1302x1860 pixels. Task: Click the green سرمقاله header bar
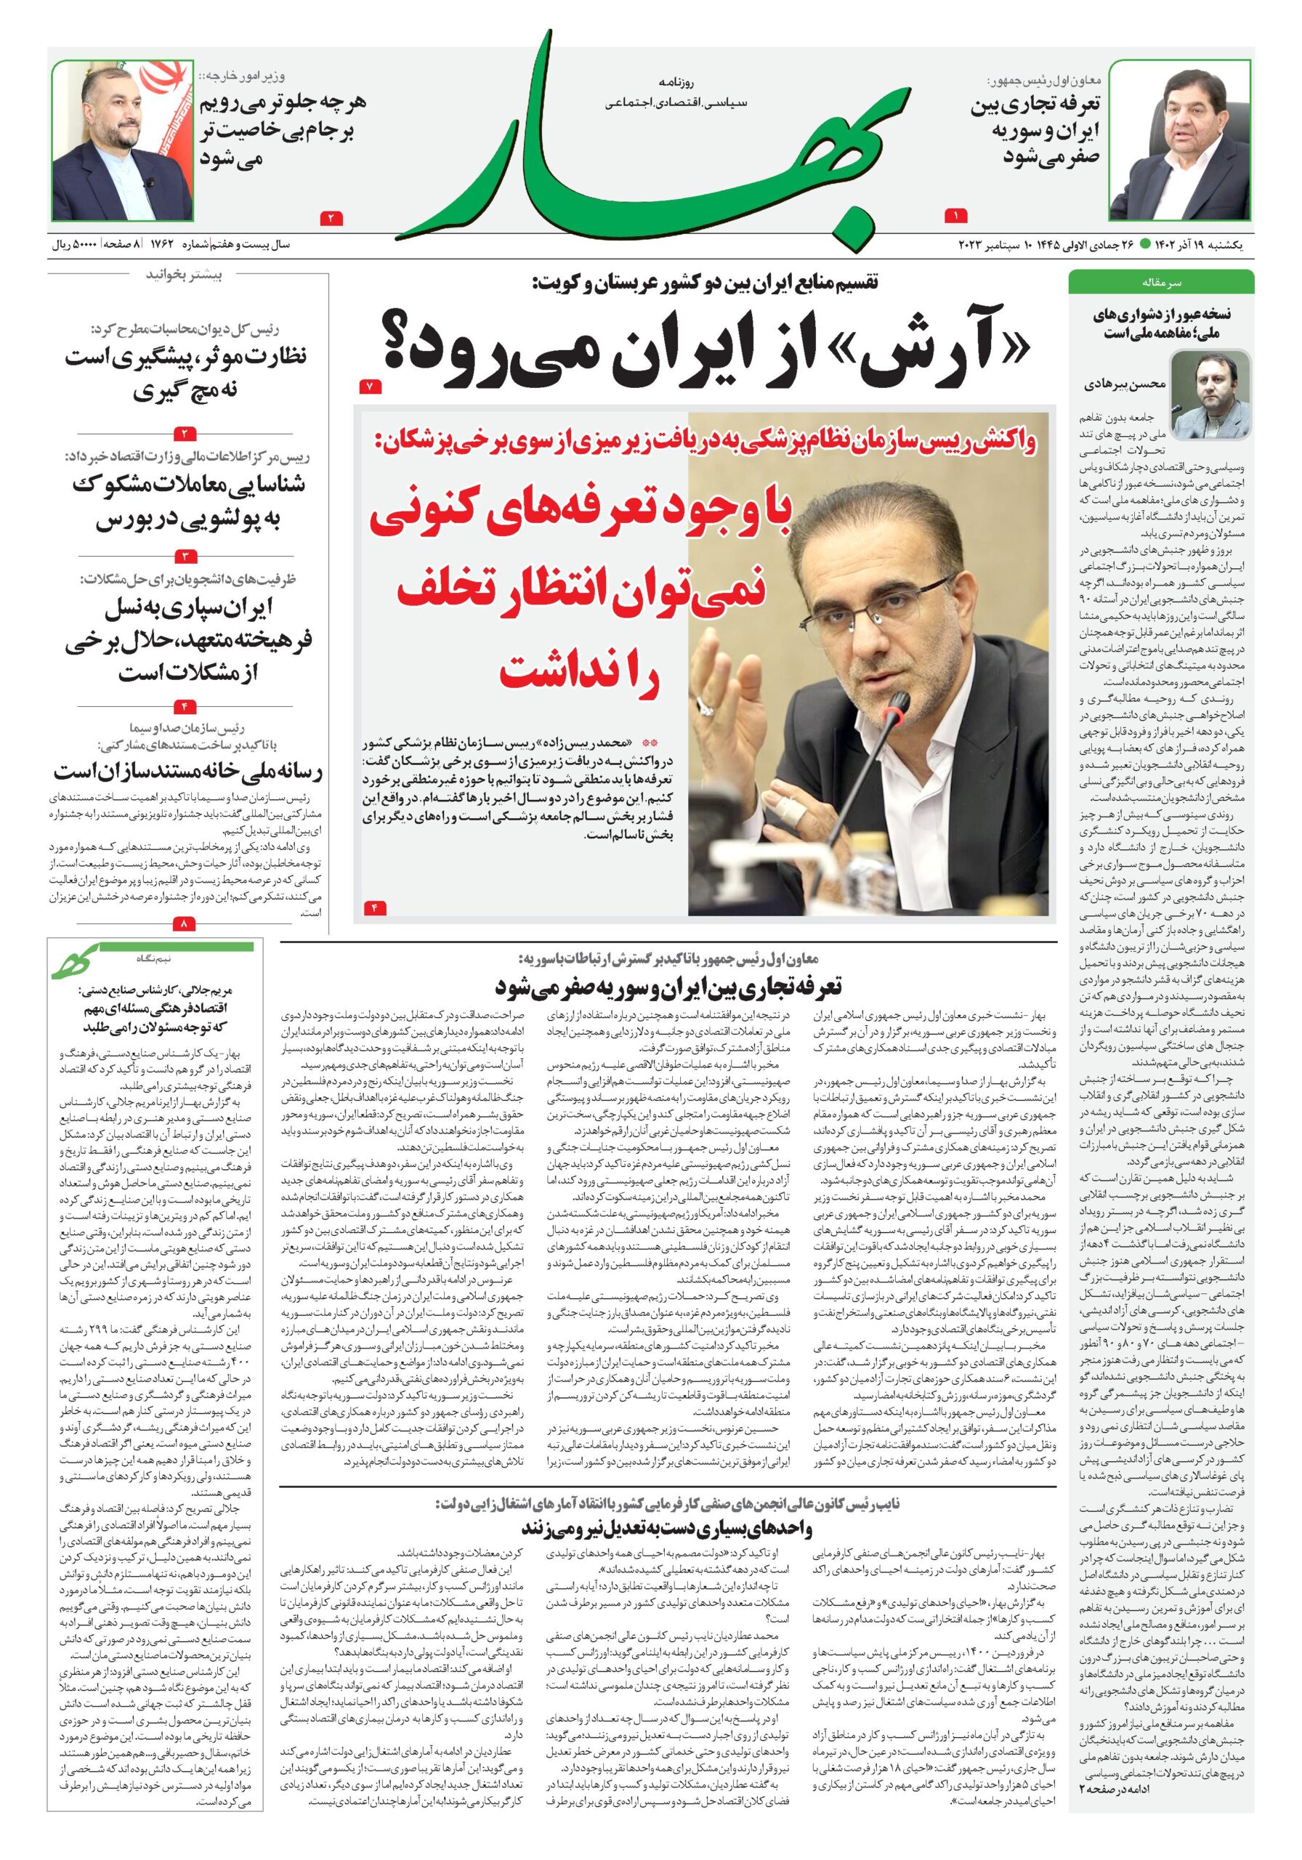1160,283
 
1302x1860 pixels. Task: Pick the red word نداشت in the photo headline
580,672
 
